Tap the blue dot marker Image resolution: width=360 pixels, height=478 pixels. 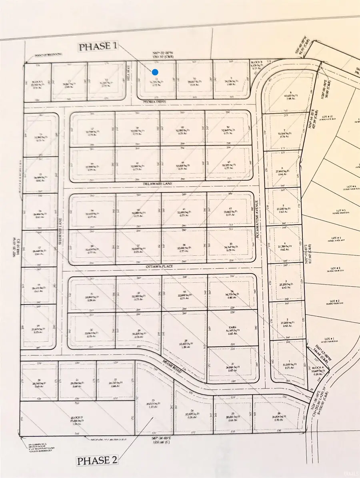point(155,72)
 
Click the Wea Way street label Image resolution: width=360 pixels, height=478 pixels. point(128,76)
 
